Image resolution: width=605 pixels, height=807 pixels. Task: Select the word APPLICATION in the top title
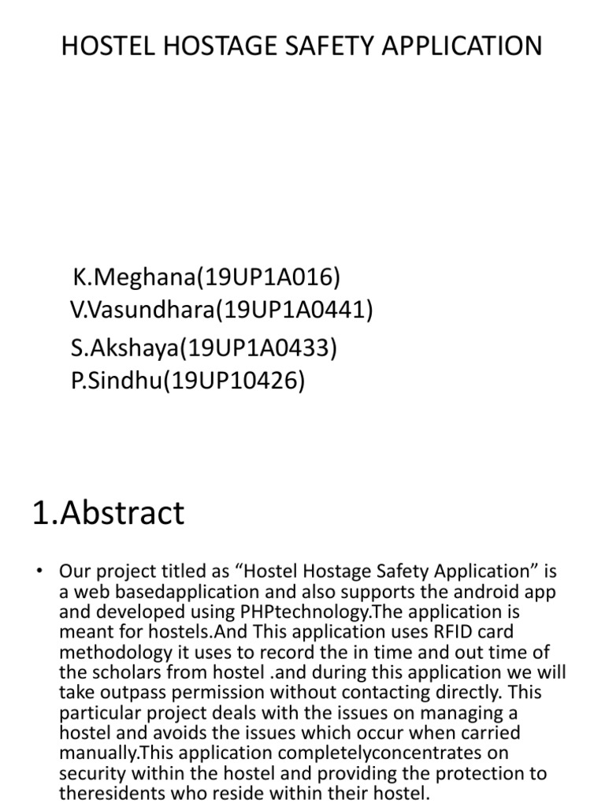point(472,46)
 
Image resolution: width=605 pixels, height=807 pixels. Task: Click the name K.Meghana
point(132,277)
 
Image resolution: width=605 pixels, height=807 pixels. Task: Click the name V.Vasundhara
point(142,311)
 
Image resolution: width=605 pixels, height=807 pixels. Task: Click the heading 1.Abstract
point(108,513)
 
